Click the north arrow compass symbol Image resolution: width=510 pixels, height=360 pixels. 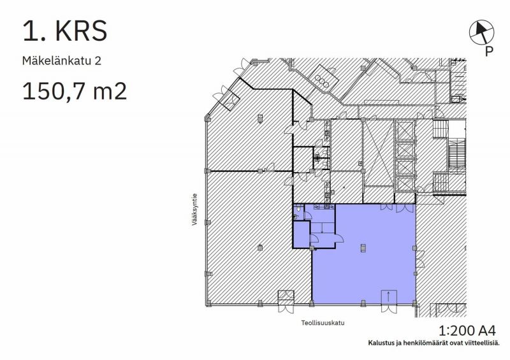[481, 31]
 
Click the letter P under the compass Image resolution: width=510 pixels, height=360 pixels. [488, 52]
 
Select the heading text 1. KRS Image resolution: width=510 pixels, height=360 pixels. [65, 31]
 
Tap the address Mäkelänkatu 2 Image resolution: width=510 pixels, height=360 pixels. [62, 62]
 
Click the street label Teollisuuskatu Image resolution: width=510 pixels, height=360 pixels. [323, 322]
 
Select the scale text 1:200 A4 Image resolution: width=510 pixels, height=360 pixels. [467, 331]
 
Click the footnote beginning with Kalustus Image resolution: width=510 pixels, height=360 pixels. [433, 343]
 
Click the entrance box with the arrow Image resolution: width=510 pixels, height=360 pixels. [388, 297]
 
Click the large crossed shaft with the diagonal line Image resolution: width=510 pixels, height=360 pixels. [377, 154]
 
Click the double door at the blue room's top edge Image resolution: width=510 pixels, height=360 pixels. [387, 207]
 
